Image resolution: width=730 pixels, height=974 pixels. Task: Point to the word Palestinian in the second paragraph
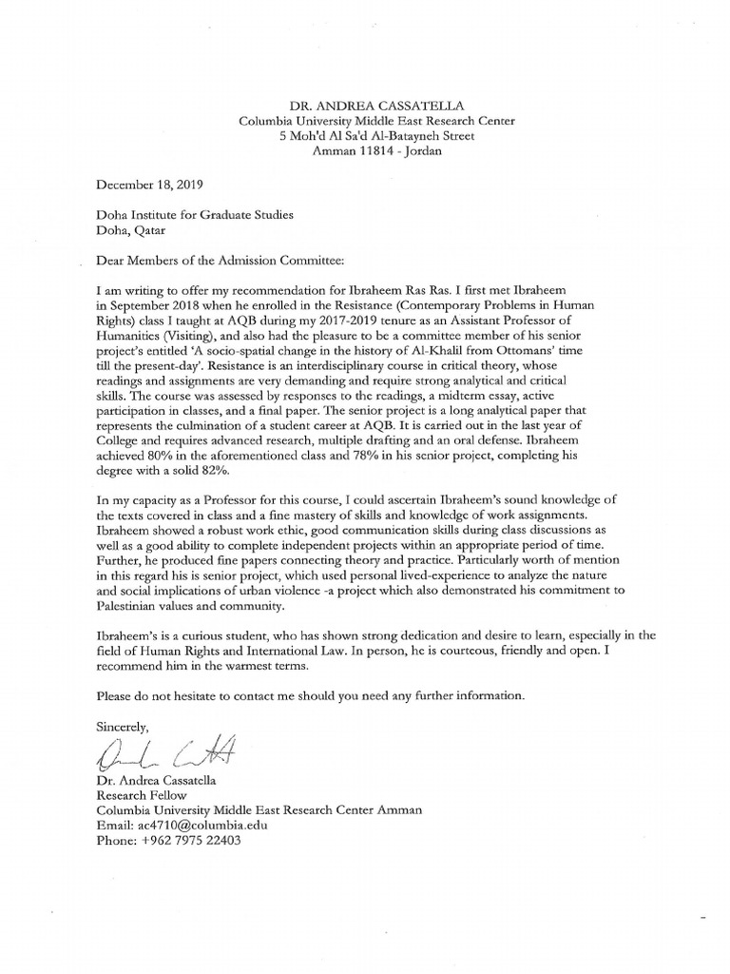(x=140, y=606)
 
